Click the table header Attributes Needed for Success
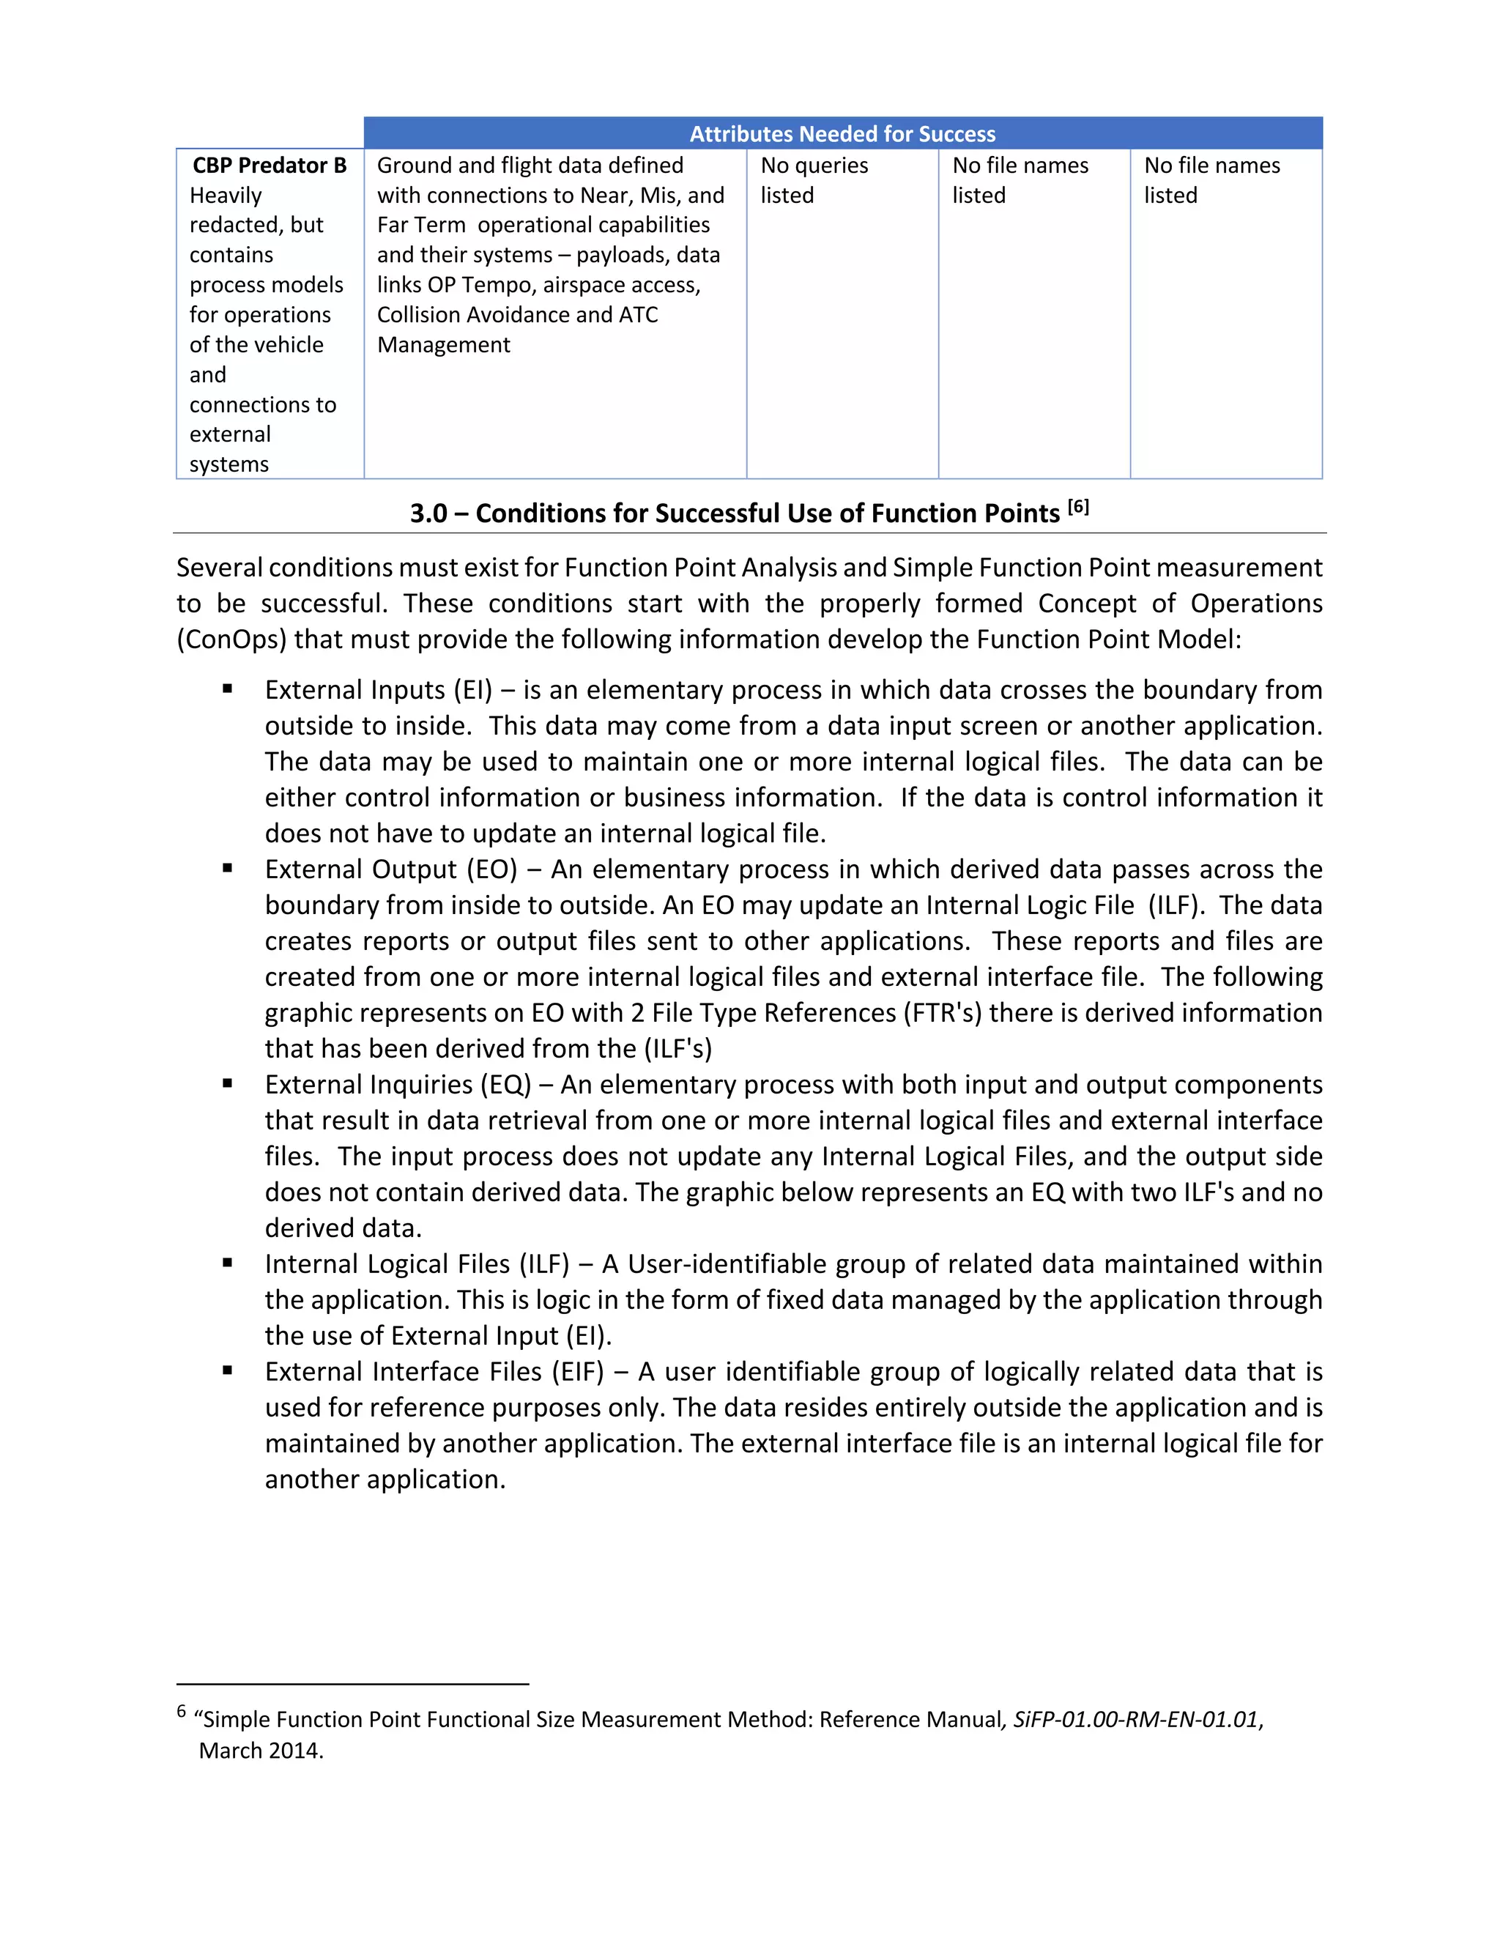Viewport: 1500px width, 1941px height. [842, 134]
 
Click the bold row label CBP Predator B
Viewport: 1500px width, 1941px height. [270, 166]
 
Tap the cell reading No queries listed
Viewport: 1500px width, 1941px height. [814, 179]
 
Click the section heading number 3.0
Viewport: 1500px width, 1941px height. [428, 513]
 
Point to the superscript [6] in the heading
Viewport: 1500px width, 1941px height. [1078, 507]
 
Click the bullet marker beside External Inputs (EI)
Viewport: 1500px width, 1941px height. [228, 689]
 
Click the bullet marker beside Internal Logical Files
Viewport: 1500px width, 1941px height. [228, 1263]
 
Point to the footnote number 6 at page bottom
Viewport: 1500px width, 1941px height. [182, 1711]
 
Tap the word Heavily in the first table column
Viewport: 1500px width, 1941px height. [226, 196]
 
